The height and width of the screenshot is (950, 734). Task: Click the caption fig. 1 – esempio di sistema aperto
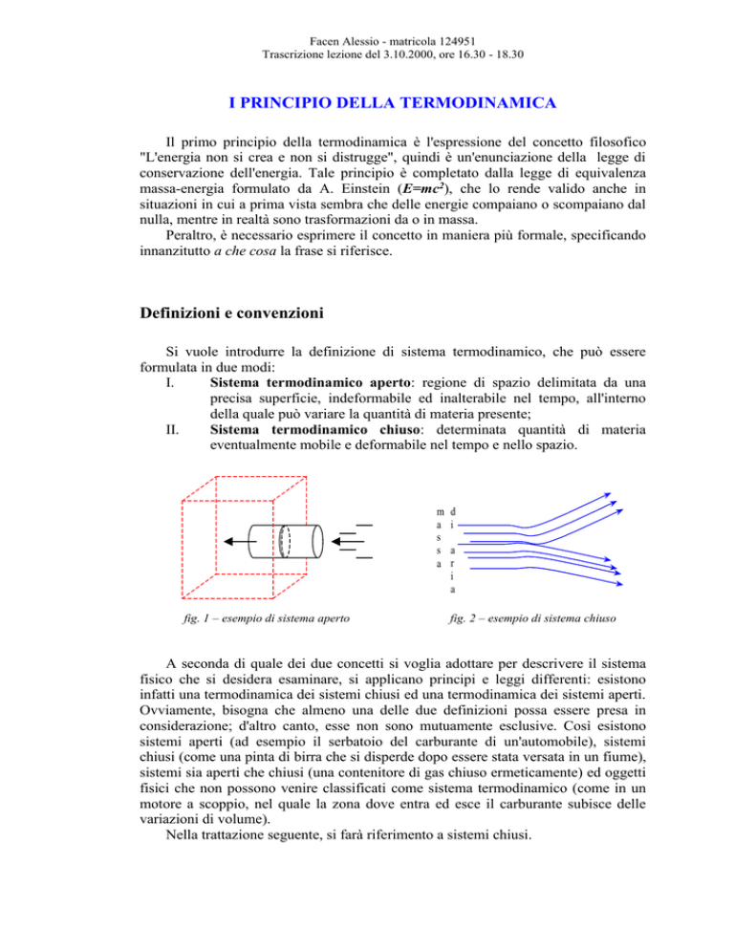click(249, 617)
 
